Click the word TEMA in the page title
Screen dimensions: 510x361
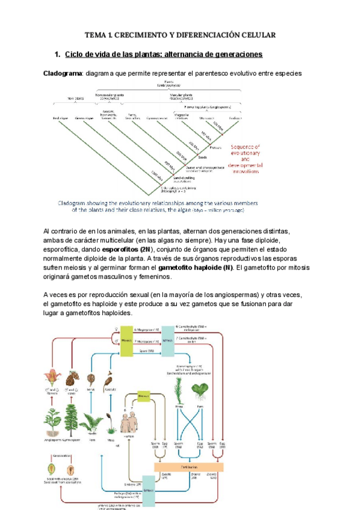tap(94, 35)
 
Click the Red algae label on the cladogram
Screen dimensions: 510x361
tap(61, 118)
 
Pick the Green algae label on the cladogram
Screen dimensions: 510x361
tap(84, 118)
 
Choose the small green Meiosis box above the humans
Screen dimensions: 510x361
tap(143, 396)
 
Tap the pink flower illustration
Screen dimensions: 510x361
tap(50, 379)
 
